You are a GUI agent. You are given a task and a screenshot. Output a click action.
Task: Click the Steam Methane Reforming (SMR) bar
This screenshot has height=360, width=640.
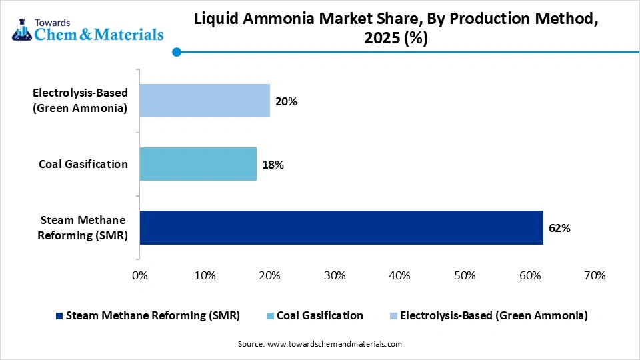tap(341, 228)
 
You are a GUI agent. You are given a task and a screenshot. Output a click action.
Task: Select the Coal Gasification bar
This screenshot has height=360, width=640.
tap(198, 164)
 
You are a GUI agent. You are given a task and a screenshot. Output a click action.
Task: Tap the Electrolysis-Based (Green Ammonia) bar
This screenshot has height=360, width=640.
tap(205, 101)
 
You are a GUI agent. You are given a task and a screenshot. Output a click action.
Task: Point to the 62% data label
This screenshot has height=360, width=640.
tap(559, 228)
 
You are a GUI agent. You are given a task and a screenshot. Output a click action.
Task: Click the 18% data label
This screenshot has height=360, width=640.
tap(273, 165)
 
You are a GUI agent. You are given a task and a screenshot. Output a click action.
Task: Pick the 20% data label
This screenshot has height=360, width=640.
tap(286, 101)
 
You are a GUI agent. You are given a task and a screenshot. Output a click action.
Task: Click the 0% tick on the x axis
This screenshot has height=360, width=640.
tap(139, 275)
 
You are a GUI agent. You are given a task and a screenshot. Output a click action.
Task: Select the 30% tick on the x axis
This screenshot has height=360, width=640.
tap(334, 275)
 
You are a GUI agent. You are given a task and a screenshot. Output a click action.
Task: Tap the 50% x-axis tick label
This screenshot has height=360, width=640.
tap(464, 275)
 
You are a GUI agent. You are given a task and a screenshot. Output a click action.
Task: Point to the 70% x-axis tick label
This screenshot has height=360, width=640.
tap(594, 275)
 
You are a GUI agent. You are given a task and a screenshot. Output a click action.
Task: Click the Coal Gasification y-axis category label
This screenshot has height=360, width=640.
tap(83, 164)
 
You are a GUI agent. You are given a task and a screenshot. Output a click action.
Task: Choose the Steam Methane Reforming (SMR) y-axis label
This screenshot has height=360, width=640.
tap(84, 227)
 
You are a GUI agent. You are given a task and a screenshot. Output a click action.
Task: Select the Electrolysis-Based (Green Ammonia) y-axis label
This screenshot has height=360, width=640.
tap(80, 101)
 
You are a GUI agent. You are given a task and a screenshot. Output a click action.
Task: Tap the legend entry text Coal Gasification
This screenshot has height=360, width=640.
tap(319, 315)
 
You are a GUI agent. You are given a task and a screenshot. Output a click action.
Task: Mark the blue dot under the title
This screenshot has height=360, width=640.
tap(177, 52)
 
